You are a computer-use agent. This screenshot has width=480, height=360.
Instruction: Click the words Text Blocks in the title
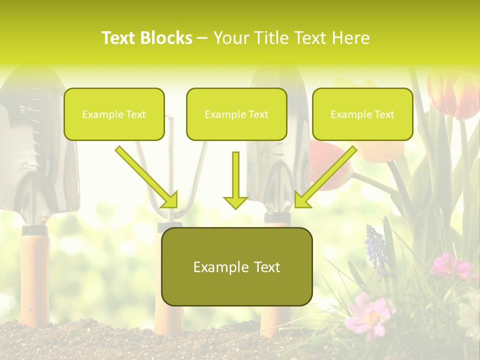click(x=146, y=38)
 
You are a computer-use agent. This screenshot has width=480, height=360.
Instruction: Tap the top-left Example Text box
click(x=114, y=114)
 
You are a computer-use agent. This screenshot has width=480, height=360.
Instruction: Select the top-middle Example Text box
click(x=236, y=114)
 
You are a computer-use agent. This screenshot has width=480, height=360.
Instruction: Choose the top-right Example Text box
click(x=362, y=114)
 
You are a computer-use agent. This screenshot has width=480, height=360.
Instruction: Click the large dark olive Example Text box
click(x=236, y=266)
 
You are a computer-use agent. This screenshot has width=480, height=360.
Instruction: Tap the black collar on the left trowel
click(x=35, y=230)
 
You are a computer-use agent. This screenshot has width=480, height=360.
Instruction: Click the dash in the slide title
click(x=202, y=38)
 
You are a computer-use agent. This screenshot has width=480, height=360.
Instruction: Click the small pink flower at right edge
click(x=450, y=266)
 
